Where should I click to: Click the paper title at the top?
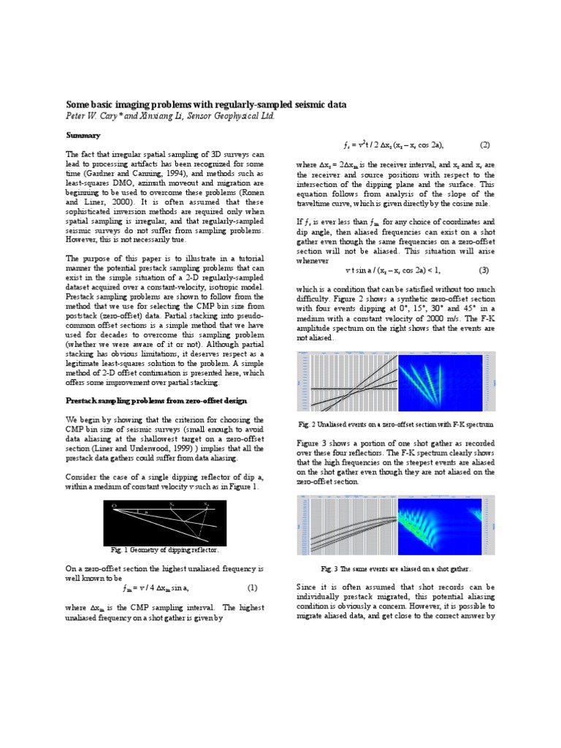point(206,105)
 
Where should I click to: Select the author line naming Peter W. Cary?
point(172,116)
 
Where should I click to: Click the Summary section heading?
point(83,135)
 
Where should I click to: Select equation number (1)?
point(251,587)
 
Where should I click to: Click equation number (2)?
point(484,144)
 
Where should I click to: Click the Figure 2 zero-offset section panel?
point(349,381)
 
